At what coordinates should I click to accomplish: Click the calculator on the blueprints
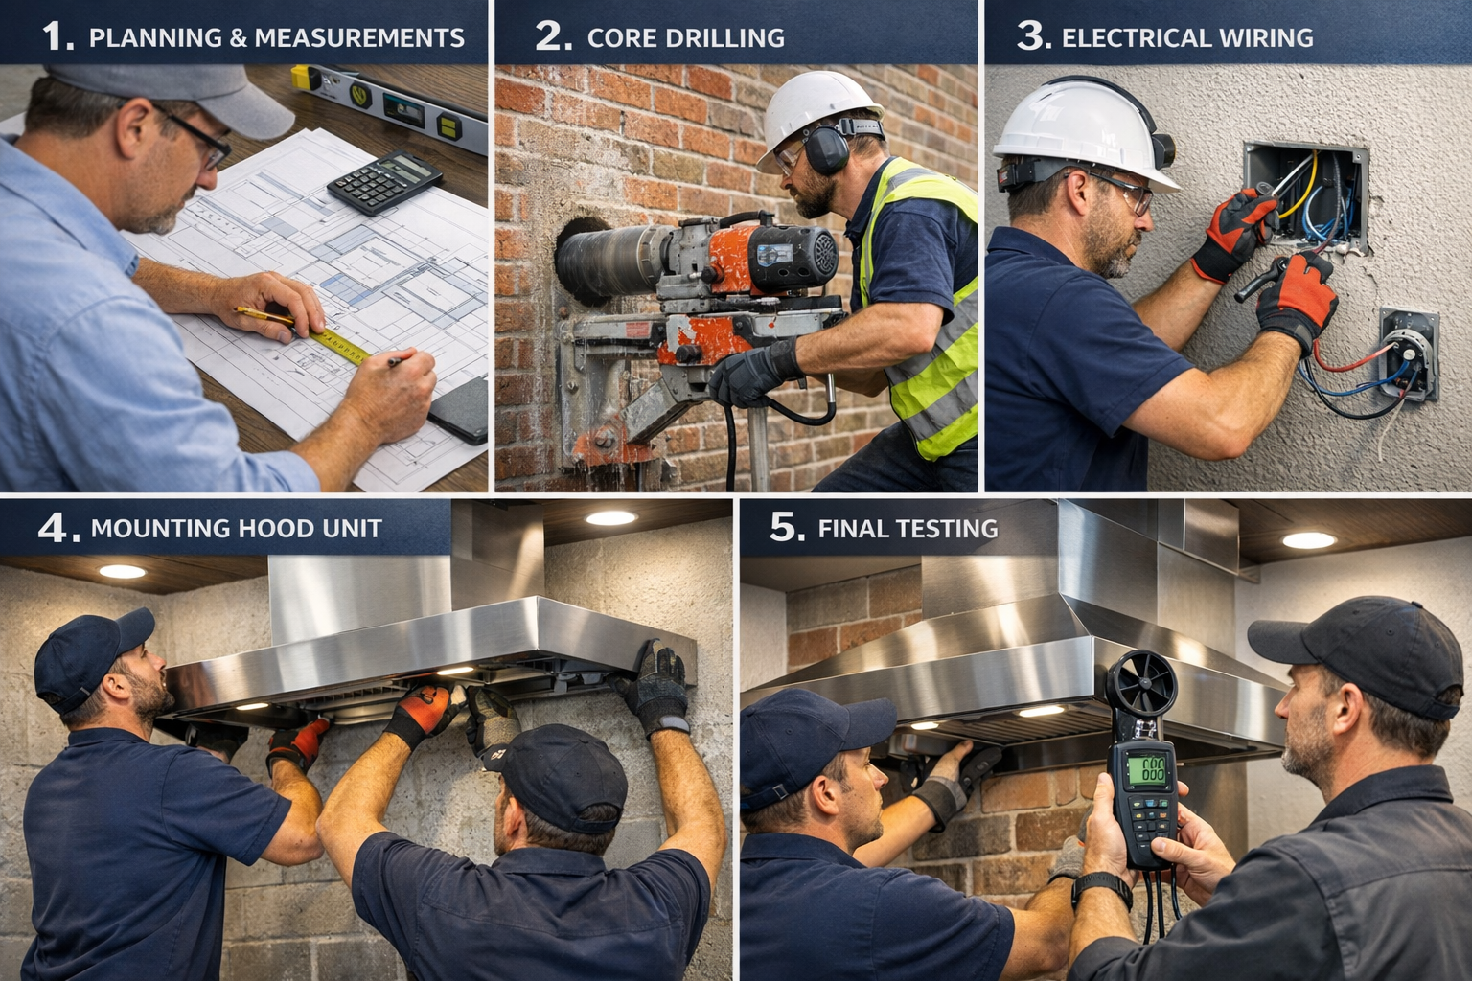pyautogui.click(x=383, y=181)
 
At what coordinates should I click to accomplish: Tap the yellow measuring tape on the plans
pyautogui.click(x=338, y=346)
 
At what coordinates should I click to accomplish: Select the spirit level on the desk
pyautogui.click(x=389, y=108)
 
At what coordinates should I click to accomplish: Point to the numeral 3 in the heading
pyautogui.click(x=1030, y=36)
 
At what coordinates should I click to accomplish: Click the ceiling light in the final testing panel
pyautogui.click(x=1309, y=540)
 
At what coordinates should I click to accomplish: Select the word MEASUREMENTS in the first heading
pyautogui.click(x=359, y=38)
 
